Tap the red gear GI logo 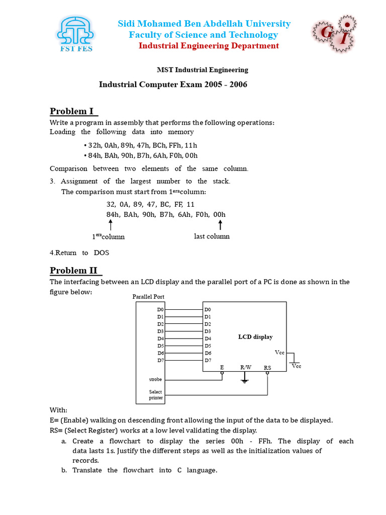coord(332,34)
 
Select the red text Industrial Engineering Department coord(209,46)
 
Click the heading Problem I coord(73,111)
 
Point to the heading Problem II coord(75,271)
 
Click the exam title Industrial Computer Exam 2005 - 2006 coord(173,84)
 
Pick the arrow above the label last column coord(220,225)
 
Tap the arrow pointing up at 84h coord(110,225)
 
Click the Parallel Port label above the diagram coord(148,297)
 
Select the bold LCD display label coord(255,337)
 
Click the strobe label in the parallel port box coord(155,379)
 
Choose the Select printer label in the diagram coord(156,395)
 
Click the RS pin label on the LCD coord(267,368)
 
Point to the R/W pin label coord(245,368)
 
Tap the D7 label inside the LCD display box coord(208,360)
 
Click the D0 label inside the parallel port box coord(160,309)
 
